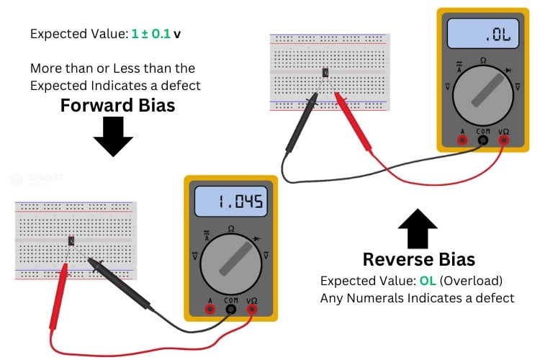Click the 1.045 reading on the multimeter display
point(230,202)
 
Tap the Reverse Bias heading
point(418,259)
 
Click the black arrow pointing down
point(113,136)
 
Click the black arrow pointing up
point(418,229)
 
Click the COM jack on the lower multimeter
point(231,309)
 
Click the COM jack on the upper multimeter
point(483,140)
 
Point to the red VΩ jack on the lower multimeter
point(252,309)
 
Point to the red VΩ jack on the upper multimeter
point(504,140)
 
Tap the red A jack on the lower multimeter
point(210,309)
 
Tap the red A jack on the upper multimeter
point(462,140)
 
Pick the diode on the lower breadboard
point(71,240)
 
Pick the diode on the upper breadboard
point(325,72)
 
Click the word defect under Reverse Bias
point(495,297)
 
